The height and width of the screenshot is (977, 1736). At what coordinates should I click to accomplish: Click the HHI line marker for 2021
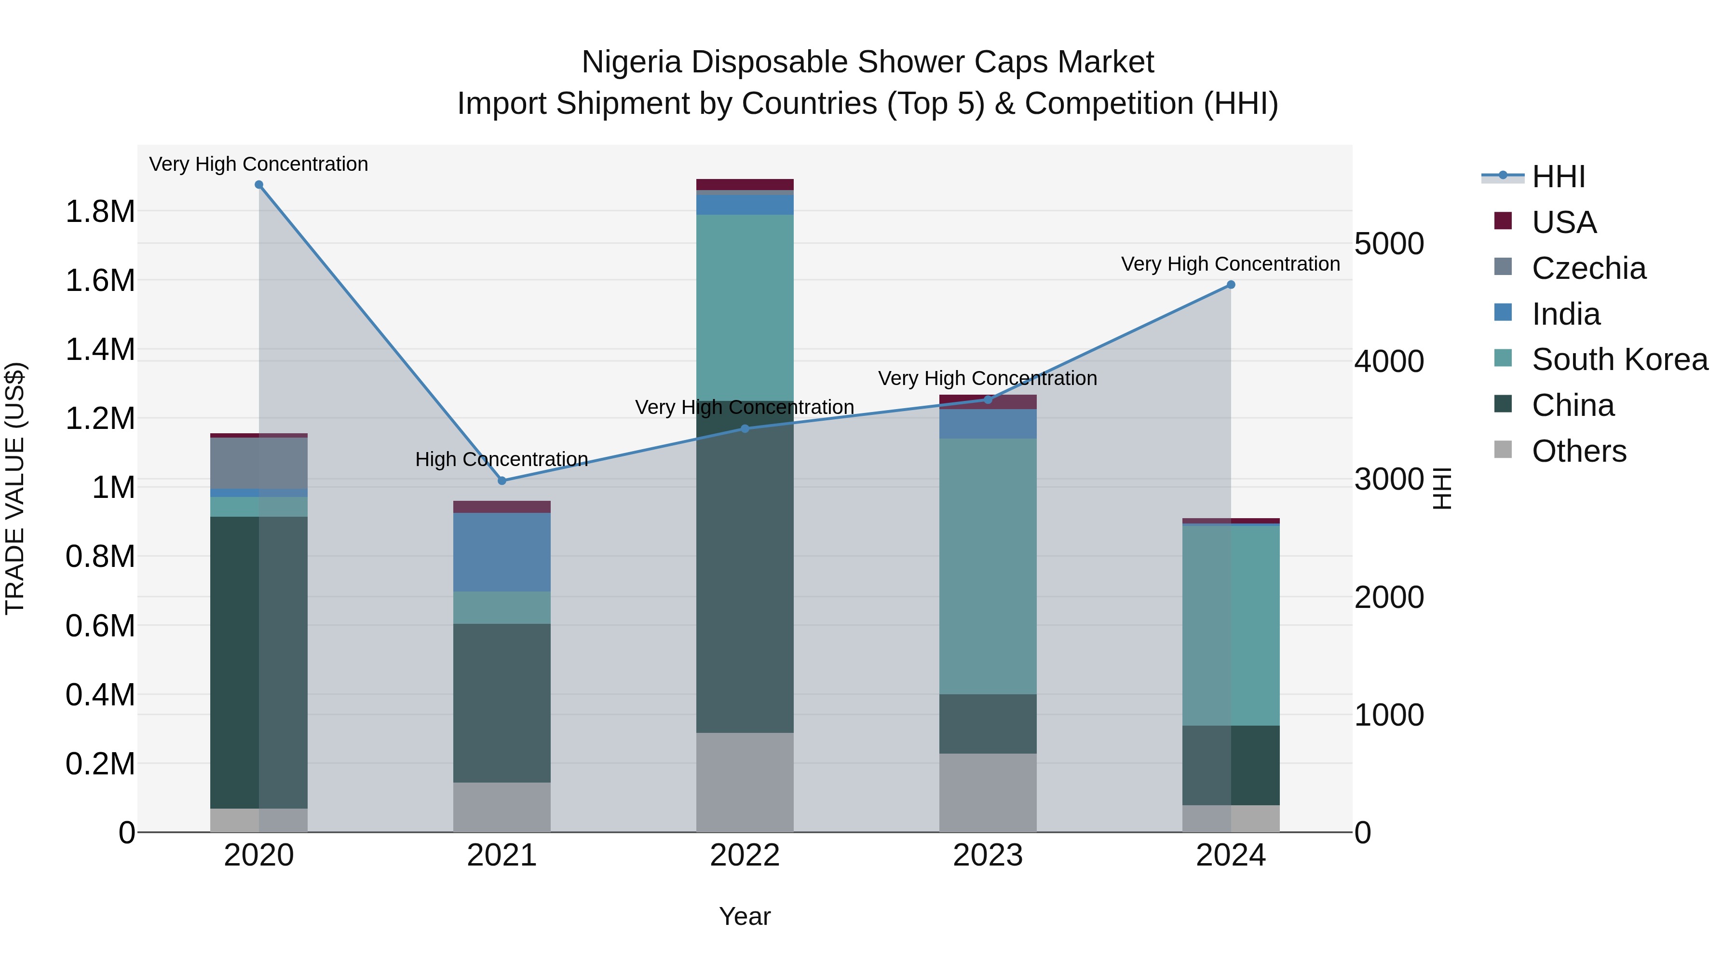[x=502, y=481]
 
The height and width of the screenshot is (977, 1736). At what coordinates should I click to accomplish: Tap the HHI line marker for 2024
[x=1231, y=285]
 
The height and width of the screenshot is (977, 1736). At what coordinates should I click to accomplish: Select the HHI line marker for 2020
[x=259, y=185]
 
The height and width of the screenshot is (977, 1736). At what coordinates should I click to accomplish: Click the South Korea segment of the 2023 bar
[x=988, y=566]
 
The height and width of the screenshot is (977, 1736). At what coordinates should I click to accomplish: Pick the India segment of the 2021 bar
[x=502, y=552]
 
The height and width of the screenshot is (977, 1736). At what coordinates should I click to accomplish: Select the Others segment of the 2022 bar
[x=745, y=782]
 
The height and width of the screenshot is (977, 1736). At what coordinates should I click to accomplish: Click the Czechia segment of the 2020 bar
[x=259, y=463]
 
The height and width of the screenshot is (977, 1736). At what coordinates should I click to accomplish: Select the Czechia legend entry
[x=1588, y=268]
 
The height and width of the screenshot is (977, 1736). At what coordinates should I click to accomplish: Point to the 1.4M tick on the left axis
[x=100, y=349]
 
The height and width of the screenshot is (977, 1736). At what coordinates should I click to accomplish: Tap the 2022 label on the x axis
[x=745, y=855]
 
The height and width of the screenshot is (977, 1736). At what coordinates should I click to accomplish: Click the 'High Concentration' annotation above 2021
[x=502, y=459]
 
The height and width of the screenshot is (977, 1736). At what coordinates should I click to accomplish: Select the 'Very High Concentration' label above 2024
[x=1231, y=263]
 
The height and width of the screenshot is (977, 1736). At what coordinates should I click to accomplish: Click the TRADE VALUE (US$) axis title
[x=15, y=488]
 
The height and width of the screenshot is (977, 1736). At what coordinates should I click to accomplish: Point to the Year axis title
[x=745, y=916]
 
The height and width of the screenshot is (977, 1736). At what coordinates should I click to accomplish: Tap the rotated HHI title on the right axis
[x=1441, y=488]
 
